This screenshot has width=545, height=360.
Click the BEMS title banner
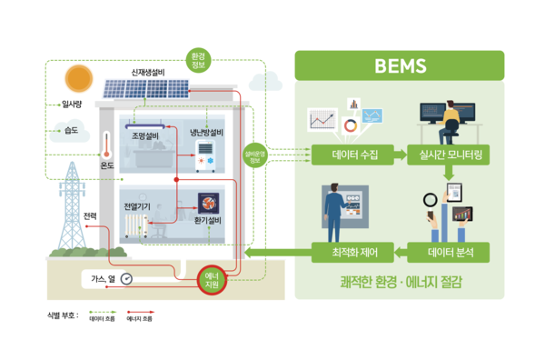400,65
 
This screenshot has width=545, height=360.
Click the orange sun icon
79,78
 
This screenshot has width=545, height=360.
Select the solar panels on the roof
145,89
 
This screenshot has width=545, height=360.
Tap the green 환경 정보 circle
198,61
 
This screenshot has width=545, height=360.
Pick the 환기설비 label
208,221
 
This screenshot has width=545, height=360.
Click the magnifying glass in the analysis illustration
430,199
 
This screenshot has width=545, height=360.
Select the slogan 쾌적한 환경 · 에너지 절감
400,281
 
